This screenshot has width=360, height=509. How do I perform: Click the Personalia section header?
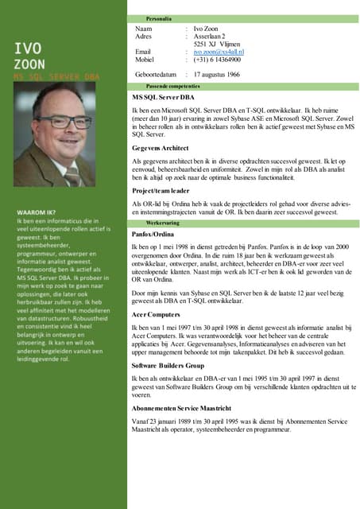[x=160, y=18]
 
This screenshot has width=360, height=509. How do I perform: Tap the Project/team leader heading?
[x=161, y=191]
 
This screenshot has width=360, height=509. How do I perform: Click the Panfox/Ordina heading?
[x=154, y=235]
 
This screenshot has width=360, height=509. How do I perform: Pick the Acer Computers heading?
[x=157, y=314]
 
